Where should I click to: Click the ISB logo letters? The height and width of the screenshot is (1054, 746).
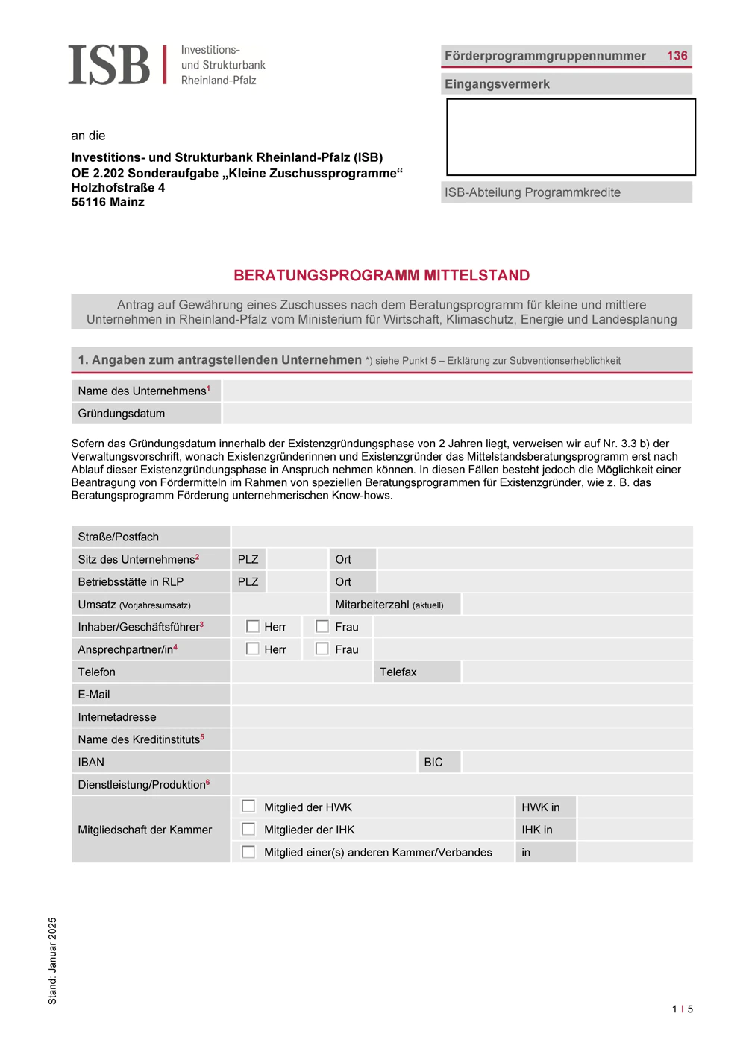point(109,65)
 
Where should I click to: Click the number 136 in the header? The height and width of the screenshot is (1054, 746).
point(677,56)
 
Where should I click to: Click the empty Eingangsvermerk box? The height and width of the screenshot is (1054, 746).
point(571,137)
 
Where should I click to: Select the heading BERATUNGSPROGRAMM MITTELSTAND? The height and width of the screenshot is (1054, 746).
point(381,275)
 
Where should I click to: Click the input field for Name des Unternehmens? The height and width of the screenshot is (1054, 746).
point(457,391)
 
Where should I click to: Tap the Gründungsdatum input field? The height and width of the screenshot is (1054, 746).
point(457,413)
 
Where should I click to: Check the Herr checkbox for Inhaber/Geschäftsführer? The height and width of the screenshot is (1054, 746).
point(253,627)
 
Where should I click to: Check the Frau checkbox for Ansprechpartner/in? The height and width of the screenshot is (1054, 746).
point(322,649)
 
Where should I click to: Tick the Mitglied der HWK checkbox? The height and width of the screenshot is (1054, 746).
point(248,807)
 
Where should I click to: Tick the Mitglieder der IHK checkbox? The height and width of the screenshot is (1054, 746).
point(248,829)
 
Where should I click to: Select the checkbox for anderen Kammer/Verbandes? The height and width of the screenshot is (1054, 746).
point(248,851)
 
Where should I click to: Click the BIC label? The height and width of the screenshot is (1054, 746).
point(433,762)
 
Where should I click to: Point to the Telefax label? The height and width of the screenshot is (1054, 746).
point(398,672)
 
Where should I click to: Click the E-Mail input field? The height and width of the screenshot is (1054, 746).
point(461,694)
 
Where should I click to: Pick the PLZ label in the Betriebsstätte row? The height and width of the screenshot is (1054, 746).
point(248,581)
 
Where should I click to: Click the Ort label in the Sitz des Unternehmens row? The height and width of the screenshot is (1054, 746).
point(343,559)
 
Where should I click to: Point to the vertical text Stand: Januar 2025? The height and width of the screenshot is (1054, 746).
point(52,960)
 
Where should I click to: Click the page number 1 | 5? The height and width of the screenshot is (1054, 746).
point(682,1009)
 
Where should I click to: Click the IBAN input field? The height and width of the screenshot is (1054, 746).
point(323,762)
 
